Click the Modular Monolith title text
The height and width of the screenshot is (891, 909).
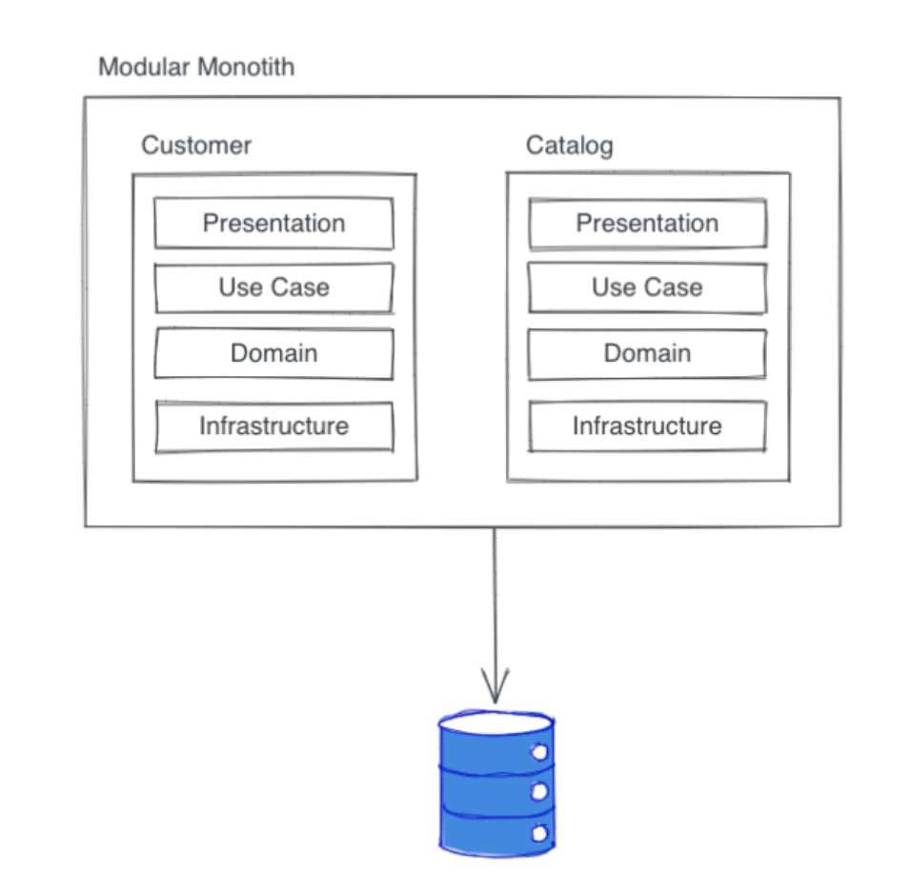coord(196,68)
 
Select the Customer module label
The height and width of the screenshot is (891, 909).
coord(196,146)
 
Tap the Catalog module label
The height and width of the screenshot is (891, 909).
coord(569,146)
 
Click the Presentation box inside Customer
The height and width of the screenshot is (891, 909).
coord(273,224)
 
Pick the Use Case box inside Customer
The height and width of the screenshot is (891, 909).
coord(273,287)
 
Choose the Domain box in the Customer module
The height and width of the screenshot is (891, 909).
coord(273,353)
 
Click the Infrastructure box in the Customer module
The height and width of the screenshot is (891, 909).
coord(273,426)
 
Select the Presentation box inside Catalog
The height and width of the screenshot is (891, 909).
coord(647,224)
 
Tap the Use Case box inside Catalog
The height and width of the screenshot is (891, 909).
coord(647,287)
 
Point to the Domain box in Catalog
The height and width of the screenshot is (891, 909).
coord(647,353)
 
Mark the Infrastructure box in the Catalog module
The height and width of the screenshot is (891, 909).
coord(647,426)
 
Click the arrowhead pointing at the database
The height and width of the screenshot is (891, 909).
coord(495,690)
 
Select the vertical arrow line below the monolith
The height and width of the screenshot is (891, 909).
coord(494,600)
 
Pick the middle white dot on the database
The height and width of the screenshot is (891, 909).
coord(539,792)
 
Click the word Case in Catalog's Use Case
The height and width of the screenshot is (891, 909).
coord(674,287)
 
